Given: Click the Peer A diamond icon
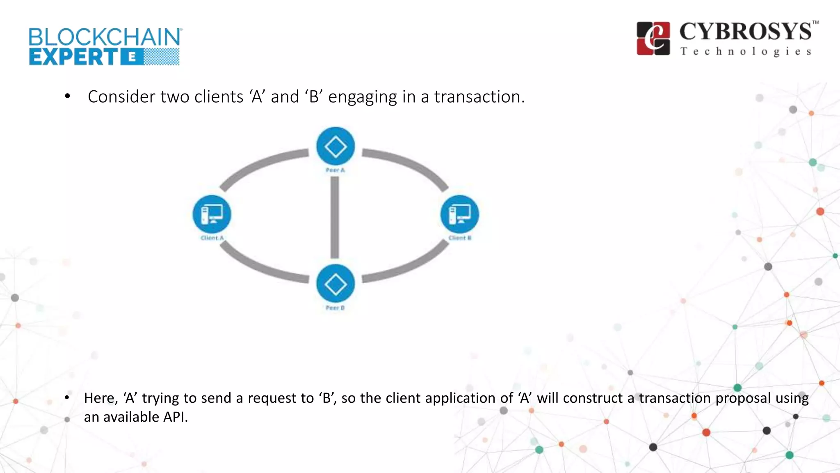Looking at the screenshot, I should [x=336, y=147].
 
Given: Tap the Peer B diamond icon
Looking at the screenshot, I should [x=336, y=284].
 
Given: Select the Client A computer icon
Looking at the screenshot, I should [x=212, y=214].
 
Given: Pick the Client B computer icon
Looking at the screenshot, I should [x=459, y=214].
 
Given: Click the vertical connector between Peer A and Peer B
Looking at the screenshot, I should [x=335, y=218].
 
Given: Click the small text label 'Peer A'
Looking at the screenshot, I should [x=335, y=170].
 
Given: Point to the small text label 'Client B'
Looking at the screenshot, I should [x=460, y=238].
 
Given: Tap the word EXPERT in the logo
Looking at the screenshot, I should [x=74, y=57].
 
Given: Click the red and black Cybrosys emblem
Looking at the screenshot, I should [x=653, y=38].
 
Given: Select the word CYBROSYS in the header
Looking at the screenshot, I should [x=746, y=32].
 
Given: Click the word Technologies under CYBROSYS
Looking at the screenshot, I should [x=746, y=52].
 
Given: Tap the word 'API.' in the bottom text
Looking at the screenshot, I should [x=176, y=417].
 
